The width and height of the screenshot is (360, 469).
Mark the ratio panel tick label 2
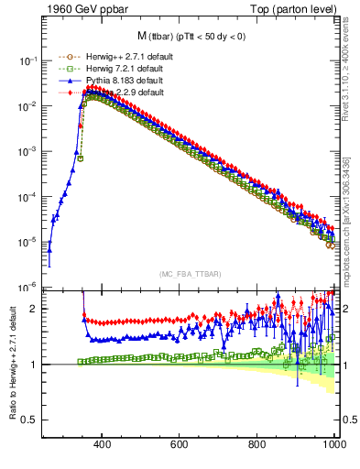tap(35, 309)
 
